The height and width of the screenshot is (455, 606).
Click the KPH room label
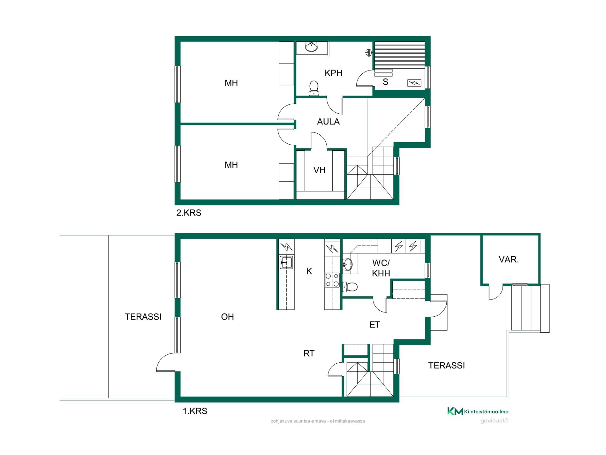(x=333, y=73)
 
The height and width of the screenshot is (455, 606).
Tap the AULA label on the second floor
(x=328, y=122)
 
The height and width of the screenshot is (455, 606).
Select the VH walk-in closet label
(x=319, y=170)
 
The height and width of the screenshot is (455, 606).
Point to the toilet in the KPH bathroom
(x=314, y=88)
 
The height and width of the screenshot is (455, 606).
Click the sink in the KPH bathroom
(x=312, y=47)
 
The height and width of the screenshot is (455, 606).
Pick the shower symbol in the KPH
(x=368, y=52)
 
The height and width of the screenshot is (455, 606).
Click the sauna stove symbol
(x=414, y=83)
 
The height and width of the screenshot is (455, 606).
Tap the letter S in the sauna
(x=385, y=82)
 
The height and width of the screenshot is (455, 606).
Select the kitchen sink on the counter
(x=286, y=262)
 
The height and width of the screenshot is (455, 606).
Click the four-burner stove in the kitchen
(x=332, y=280)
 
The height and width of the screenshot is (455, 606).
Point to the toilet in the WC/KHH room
(x=350, y=287)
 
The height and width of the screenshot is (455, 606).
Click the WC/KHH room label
(x=381, y=268)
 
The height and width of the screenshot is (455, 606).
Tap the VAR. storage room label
(x=509, y=259)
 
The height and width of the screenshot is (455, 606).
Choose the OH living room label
(x=227, y=317)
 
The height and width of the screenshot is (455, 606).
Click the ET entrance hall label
(x=375, y=325)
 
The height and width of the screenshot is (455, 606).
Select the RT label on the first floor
(x=309, y=353)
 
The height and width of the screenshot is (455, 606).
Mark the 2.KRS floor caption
(x=189, y=213)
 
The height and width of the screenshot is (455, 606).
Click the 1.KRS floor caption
(x=195, y=411)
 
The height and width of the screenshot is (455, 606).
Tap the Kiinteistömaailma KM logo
(x=478, y=411)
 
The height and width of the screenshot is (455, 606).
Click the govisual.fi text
(x=494, y=421)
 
